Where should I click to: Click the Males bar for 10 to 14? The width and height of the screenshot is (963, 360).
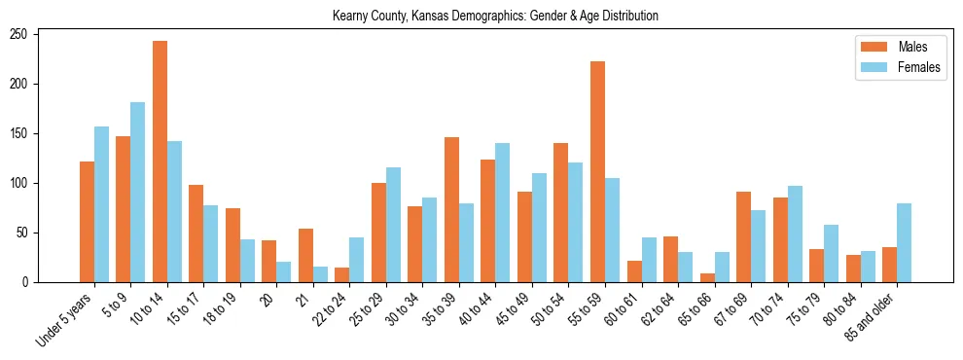160,162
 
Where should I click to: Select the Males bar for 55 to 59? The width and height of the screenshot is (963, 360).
597,172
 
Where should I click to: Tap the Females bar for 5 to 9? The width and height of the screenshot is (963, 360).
138,193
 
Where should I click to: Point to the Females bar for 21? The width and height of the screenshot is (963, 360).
320,274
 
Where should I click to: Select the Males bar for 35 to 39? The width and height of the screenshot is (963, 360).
451,210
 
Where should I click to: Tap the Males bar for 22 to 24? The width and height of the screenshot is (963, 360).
342,275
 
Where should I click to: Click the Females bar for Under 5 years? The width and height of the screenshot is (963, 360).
101,204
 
